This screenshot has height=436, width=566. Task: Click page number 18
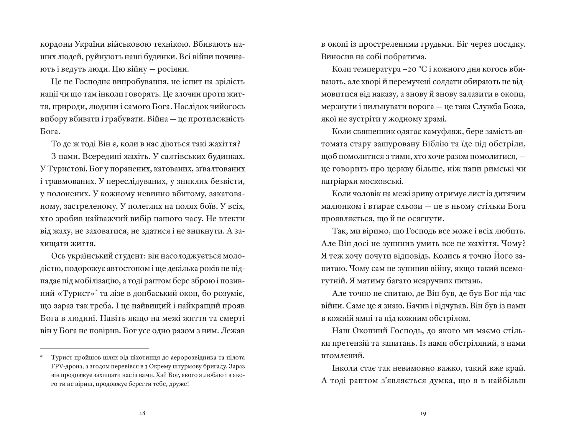(x=142, y=413)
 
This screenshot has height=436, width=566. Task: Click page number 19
(x=423, y=413)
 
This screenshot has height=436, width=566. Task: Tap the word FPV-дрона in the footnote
(x=65, y=366)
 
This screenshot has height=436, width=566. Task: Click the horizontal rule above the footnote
(x=94, y=348)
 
